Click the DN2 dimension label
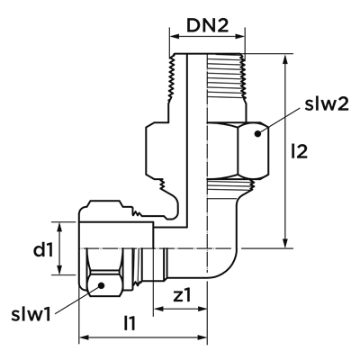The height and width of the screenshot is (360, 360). (208, 26)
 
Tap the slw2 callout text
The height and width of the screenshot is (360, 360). (327, 104)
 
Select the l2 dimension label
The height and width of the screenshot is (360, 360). (300, 151)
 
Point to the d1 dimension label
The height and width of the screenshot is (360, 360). (43, 250)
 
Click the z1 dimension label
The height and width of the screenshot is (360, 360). (182, 295)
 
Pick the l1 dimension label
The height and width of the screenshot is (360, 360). (130, 323)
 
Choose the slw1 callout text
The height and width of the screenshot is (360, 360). (31, 315)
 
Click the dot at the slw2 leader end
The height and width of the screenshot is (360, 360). (257, 134)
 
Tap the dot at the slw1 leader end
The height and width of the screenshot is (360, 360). (102, 285)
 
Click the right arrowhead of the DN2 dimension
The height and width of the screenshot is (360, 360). (240, 37)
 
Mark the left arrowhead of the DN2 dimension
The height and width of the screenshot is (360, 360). (175, 37)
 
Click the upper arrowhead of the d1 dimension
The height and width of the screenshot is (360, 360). (60, 227)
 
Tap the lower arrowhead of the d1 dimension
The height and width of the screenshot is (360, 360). (60, 270)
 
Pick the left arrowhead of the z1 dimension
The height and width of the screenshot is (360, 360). (158, 309)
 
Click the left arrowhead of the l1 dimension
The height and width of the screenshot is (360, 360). (84, 337)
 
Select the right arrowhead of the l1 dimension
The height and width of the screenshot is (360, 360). (202, 337)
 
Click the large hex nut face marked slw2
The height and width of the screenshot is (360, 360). (253, 150)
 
